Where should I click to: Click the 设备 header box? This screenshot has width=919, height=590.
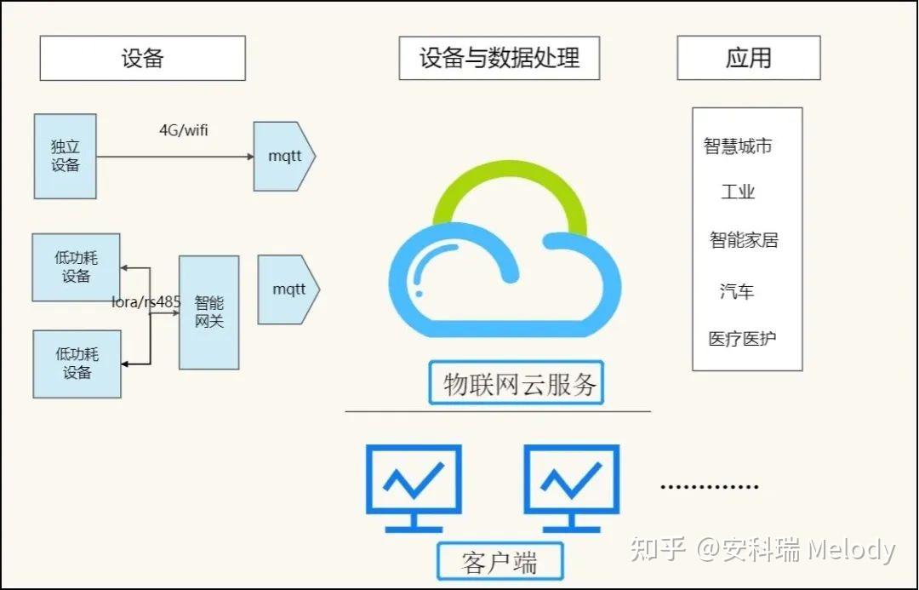[142, 58]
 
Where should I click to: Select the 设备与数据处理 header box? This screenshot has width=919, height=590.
[499, 58]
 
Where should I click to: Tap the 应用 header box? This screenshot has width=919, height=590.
[749, 58]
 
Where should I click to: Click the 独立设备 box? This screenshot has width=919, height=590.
[65, 156]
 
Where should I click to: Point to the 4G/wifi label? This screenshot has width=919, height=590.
[184, 130]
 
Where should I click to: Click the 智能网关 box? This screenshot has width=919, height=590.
[208, 312]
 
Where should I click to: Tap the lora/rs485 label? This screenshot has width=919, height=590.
[146, 302]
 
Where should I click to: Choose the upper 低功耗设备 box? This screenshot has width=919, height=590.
[77, 266]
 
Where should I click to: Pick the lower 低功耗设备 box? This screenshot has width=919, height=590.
[77, 364]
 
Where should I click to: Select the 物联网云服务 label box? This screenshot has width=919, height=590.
[516, 383]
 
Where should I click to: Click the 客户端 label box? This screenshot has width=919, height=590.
[500, 561]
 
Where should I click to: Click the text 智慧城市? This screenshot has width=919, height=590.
[738, 146]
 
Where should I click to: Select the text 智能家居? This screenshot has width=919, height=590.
[744, 240]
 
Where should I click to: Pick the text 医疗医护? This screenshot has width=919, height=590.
[742, 338]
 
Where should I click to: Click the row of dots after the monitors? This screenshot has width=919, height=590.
[710, 486]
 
